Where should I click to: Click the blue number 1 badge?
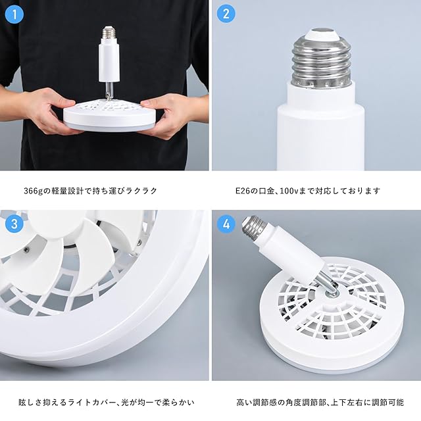14,14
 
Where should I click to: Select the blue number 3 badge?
14,224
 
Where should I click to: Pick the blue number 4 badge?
226,224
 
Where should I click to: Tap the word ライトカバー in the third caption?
92,403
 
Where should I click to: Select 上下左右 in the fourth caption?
347,403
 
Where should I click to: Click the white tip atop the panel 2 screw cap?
321,34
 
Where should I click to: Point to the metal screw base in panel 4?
252,225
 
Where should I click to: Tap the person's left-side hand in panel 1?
50,110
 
